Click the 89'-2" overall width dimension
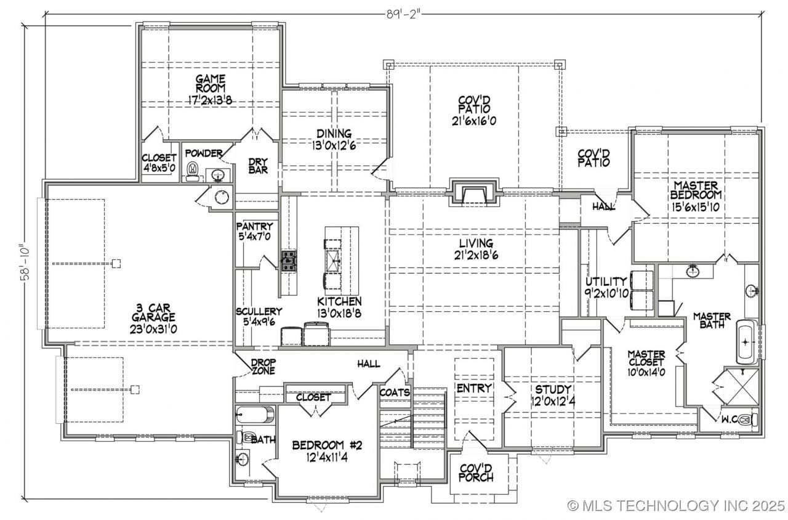click(x=403, y=14)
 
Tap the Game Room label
click(x=211, y=83)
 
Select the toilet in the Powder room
click(x=193, y=171)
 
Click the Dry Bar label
click(x=258, y=166)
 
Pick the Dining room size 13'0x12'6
click(x=334, y=145)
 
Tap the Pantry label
click(x=254, y=226)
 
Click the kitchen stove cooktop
click(x=289, y=261)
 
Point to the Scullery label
click(x=259, y=312)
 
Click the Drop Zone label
click(x=263, y=366)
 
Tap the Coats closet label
click(x=395, y=392)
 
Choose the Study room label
click(x=553, y=389)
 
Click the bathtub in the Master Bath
click(x=746, y=342)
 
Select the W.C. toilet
click(x=748, y=420)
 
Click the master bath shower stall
click(x=741, y=386)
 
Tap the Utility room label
click(x=606, y=282)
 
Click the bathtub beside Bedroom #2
click(x=255, y=415)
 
